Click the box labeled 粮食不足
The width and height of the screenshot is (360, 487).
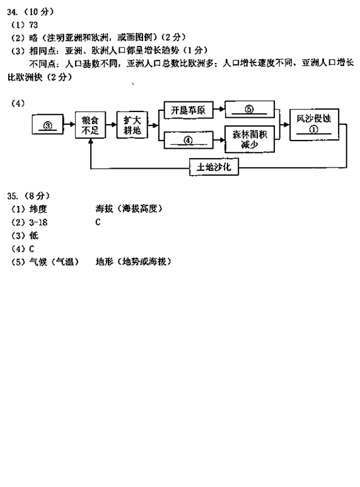[x=90, y=125]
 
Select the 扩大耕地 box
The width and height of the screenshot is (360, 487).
[x=132, y=125]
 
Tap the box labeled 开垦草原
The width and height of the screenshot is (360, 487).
[x=189, y=110]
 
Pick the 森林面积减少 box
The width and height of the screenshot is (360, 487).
[x=250, y=139]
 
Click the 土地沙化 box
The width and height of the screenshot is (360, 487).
[x=214, y=167]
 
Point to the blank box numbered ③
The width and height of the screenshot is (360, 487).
[x=47, y=124]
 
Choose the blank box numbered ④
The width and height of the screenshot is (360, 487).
[x=189, y=140]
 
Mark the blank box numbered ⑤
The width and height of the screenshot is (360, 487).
[x=250, y=109]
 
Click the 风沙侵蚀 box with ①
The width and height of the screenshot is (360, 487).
[x=314, y=124]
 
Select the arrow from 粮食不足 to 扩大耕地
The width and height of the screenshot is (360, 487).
[x=111, y=125]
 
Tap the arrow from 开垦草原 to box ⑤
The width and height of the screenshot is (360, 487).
[x=219, y=109]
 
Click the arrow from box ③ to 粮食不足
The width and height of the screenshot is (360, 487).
[x=69, y=124]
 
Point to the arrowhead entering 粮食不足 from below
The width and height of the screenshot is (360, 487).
[x=90, y=140]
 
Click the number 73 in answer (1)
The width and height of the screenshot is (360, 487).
[x=33, y=25]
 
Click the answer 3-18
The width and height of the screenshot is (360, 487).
[x=38, y=222]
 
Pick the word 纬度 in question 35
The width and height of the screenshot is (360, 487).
[x=38, y=209]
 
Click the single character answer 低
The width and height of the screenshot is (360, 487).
[x=34, y=236]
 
